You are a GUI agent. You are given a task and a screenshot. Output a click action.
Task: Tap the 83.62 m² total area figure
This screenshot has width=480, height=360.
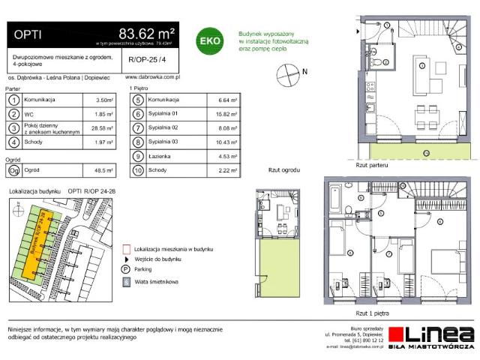click(x=148, y=32)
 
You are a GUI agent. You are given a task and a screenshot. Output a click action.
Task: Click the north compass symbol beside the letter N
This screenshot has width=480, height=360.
click(x=286, y=73)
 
